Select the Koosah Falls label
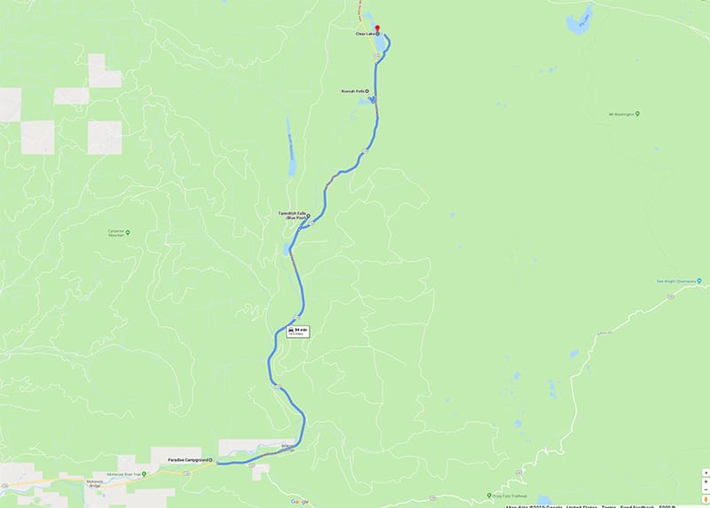click(352, 91)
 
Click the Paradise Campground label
click(187, 461)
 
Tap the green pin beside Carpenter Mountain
click(129, 232)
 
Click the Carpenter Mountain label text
click(114, 234)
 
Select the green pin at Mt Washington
click(638, 113)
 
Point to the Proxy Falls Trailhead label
click(510, 496)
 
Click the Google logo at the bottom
click(298, 501)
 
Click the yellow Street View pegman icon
click(705, 499)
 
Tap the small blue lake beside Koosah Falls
click(367, 101)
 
